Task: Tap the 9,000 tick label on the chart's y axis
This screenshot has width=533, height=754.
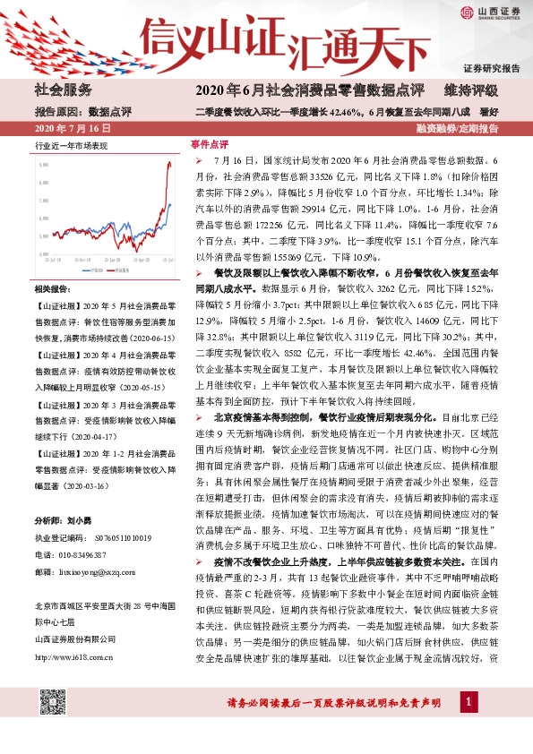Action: pyautogui.click(x=43, y=166)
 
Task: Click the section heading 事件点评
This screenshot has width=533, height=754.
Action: pyautogui.click(x=211, y=143)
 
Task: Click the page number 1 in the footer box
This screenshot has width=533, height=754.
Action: pyautogui.click(x=468, y=731)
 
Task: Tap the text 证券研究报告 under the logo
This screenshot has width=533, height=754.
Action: pyautogui.click(x=491, y=68)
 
